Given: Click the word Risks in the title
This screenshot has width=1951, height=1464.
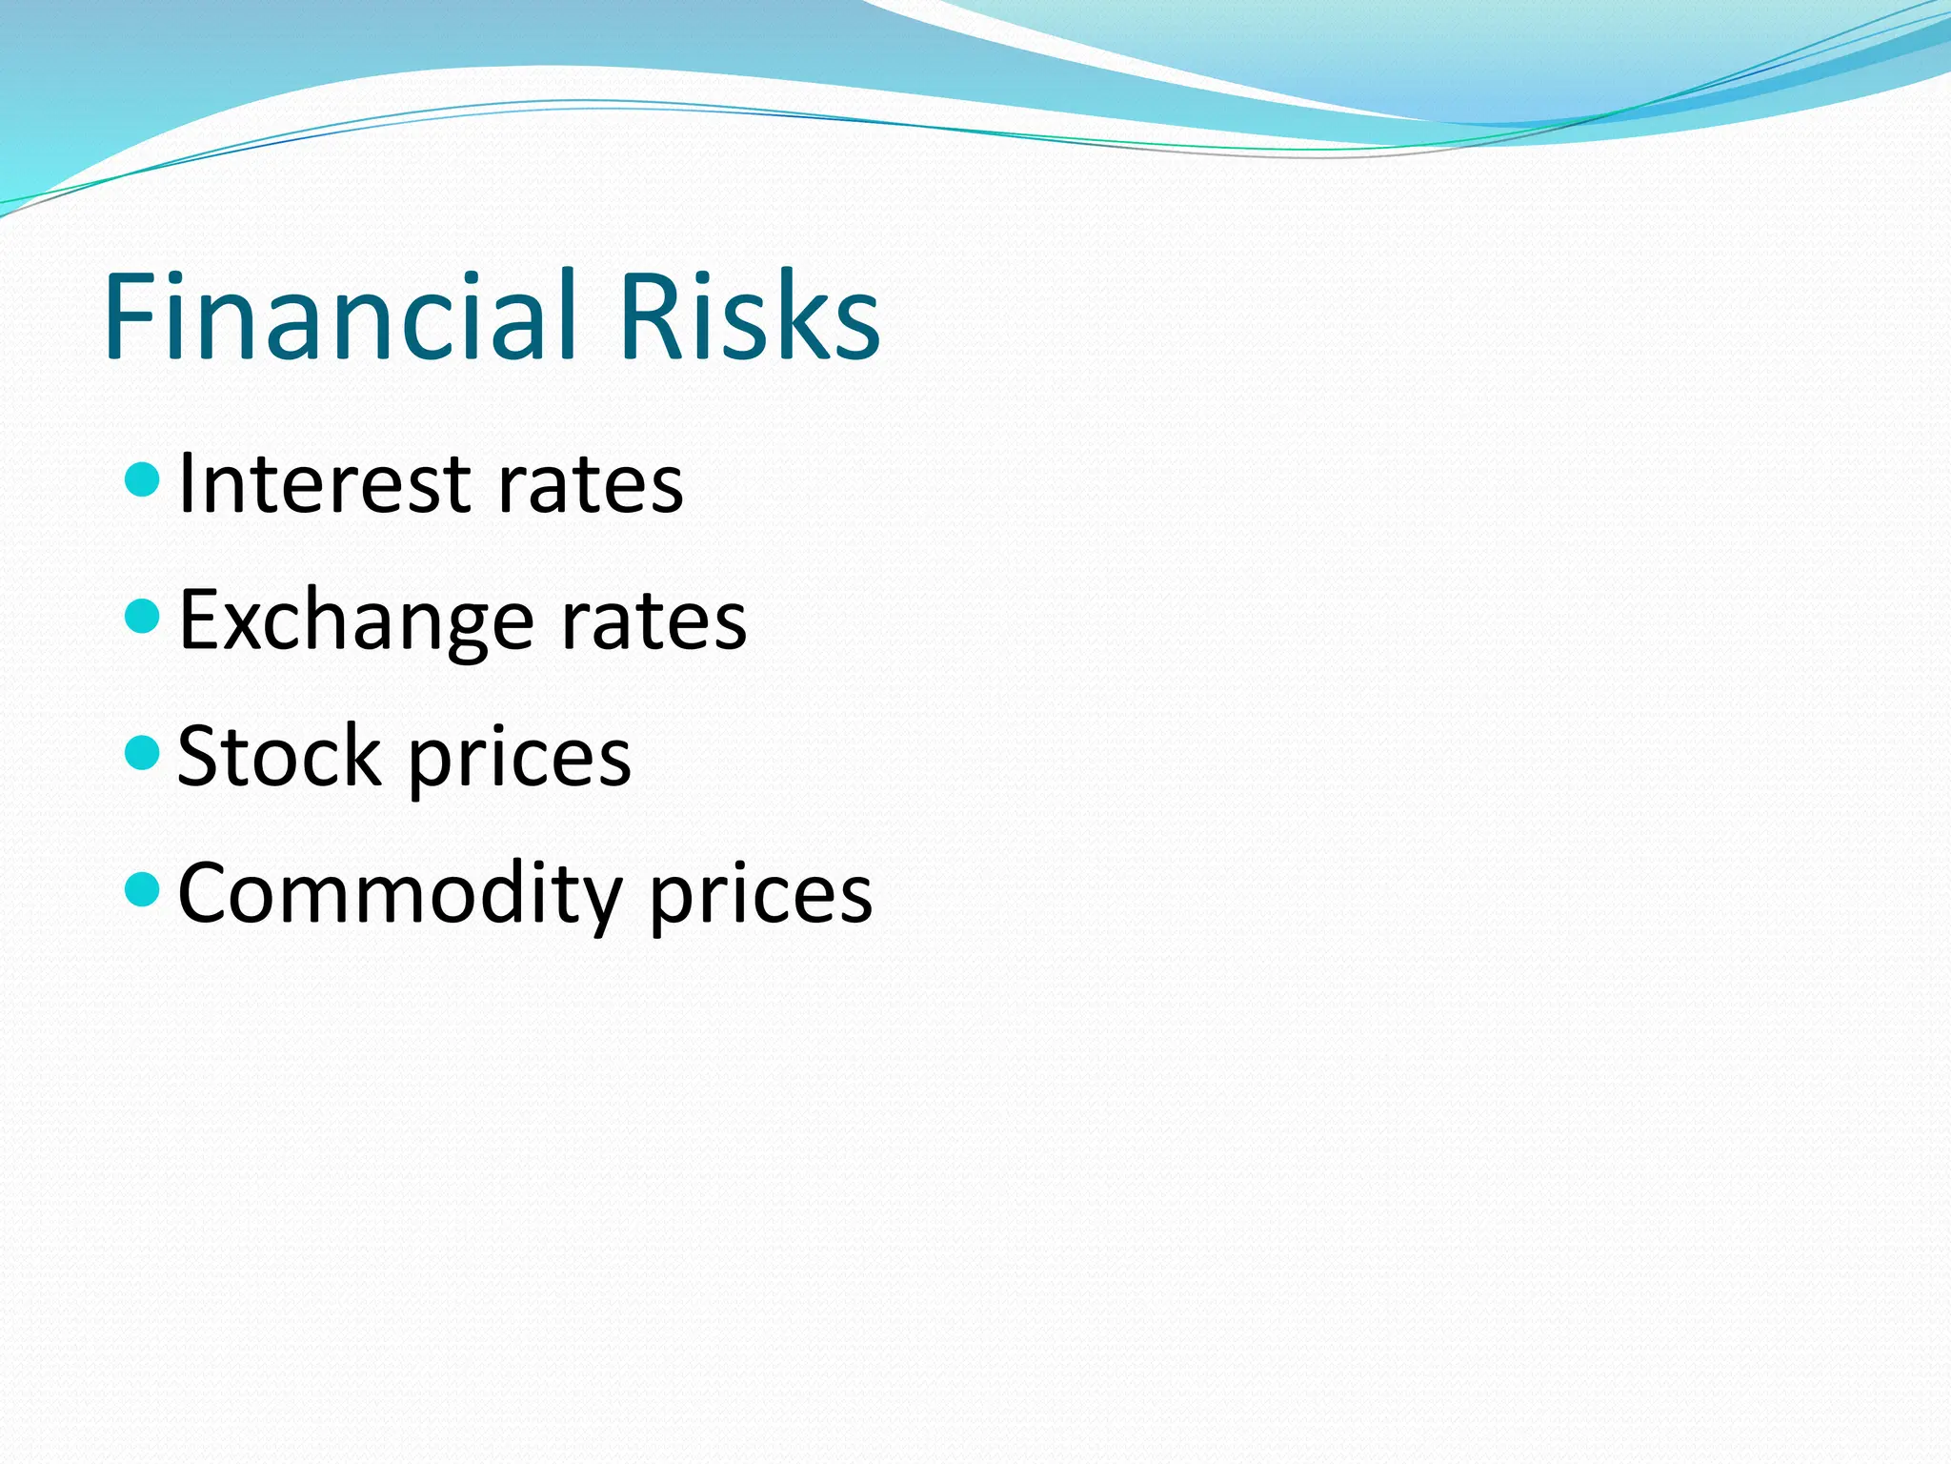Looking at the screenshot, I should [749, 316].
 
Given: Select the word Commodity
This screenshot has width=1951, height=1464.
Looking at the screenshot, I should [399, 894].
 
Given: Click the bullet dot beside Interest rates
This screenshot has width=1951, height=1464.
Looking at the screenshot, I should [143, 479].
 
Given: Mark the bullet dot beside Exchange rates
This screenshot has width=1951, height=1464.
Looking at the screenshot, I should [143, 616].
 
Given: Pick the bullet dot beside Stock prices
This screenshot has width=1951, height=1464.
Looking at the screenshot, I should [143, 752].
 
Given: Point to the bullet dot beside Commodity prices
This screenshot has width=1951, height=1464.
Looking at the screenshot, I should [143, 889].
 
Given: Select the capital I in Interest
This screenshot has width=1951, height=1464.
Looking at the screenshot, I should [187, 484].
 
